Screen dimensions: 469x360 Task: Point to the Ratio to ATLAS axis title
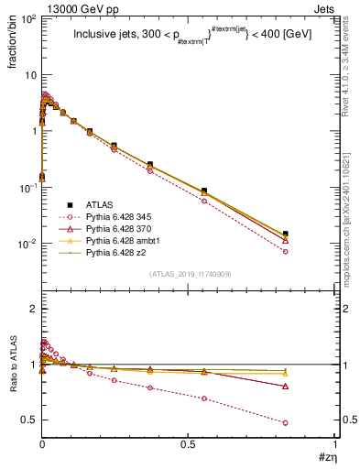coord(12,367)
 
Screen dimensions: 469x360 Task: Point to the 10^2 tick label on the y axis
coord(26,18)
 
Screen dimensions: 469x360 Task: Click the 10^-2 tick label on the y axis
coord(26,245)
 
